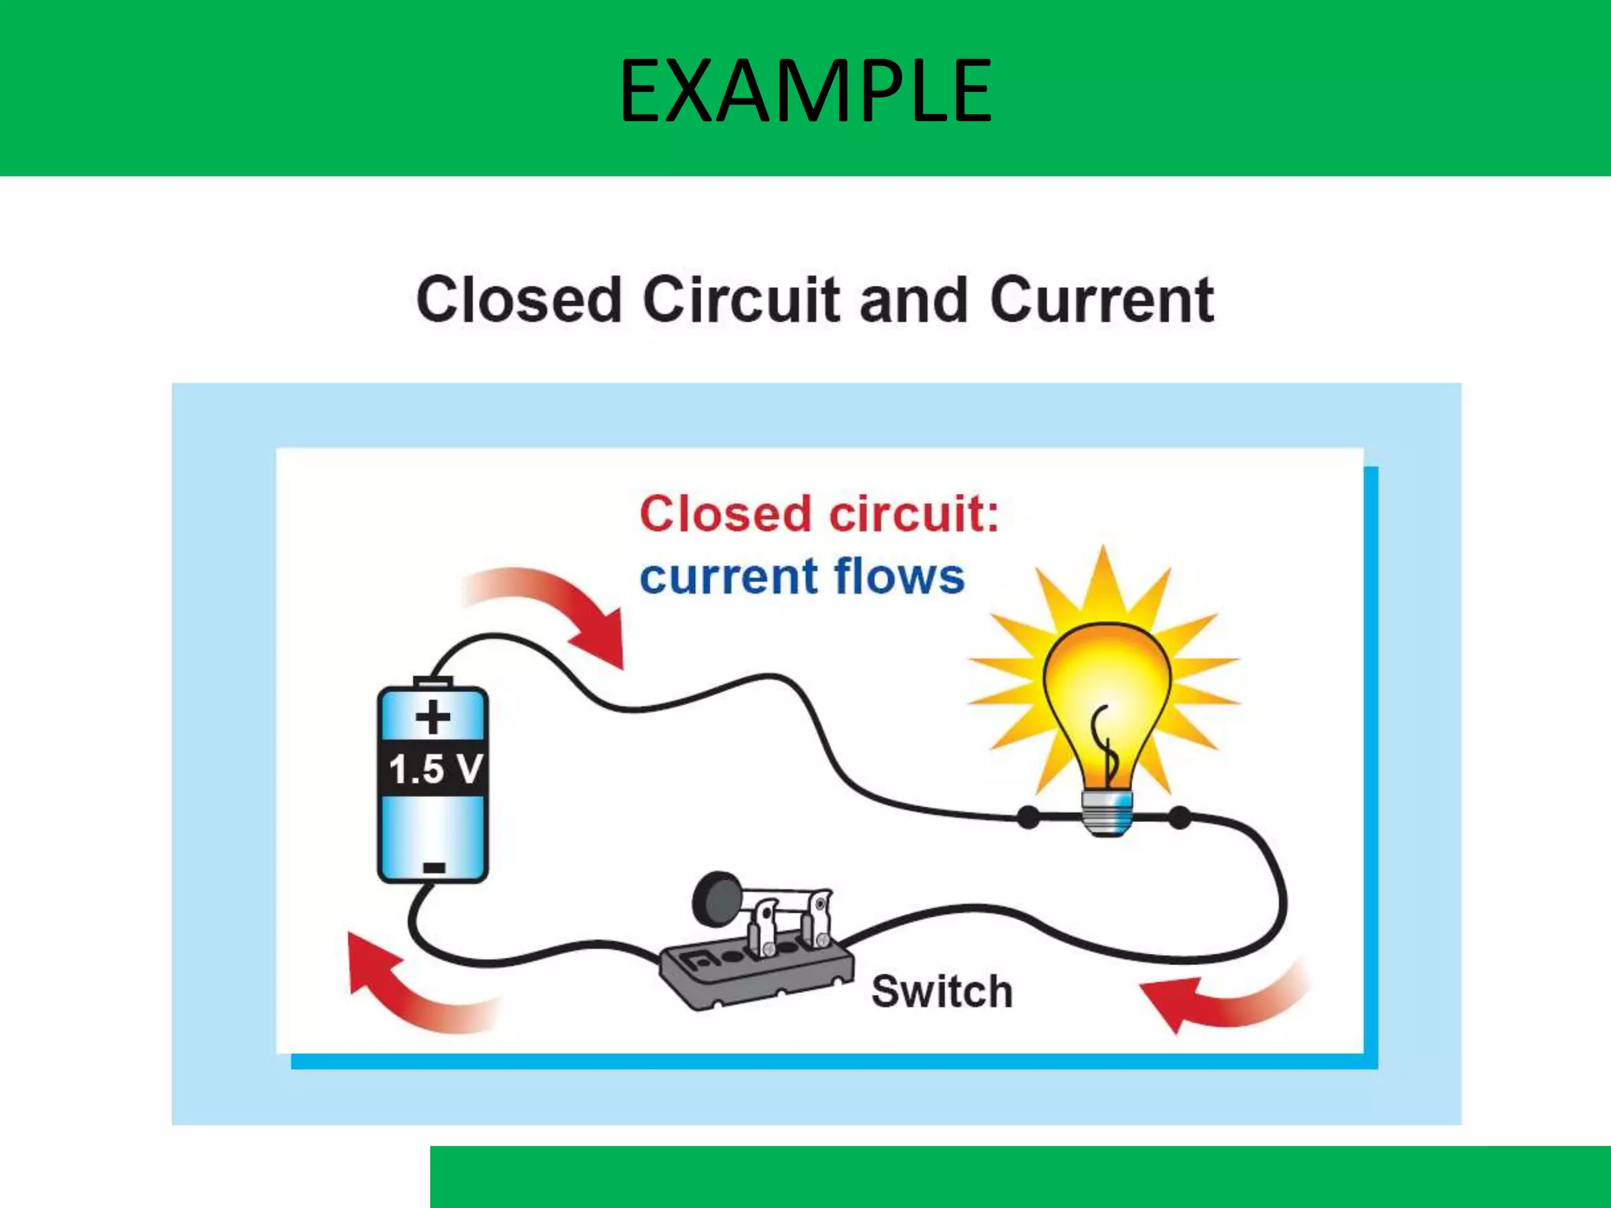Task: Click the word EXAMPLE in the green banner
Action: click(x=805, y=92)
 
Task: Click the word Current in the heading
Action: click(x=1101, y=300)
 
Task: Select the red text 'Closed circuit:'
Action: click(x=819, y=514)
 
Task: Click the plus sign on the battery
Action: click(x=433, y=717)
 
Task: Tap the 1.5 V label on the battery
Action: click(x=434, y=768)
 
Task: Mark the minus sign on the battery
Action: click(x=433, y=867)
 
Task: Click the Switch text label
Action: click(x=942, y=991)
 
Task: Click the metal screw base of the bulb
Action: click(x=1108, y=813)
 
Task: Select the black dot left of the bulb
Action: click(x=1028, y=817)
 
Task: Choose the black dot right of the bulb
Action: click(x=1179, y=817)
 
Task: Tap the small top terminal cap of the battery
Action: click(x=433, y=681)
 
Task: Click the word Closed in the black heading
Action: click(x=519, y=300)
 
